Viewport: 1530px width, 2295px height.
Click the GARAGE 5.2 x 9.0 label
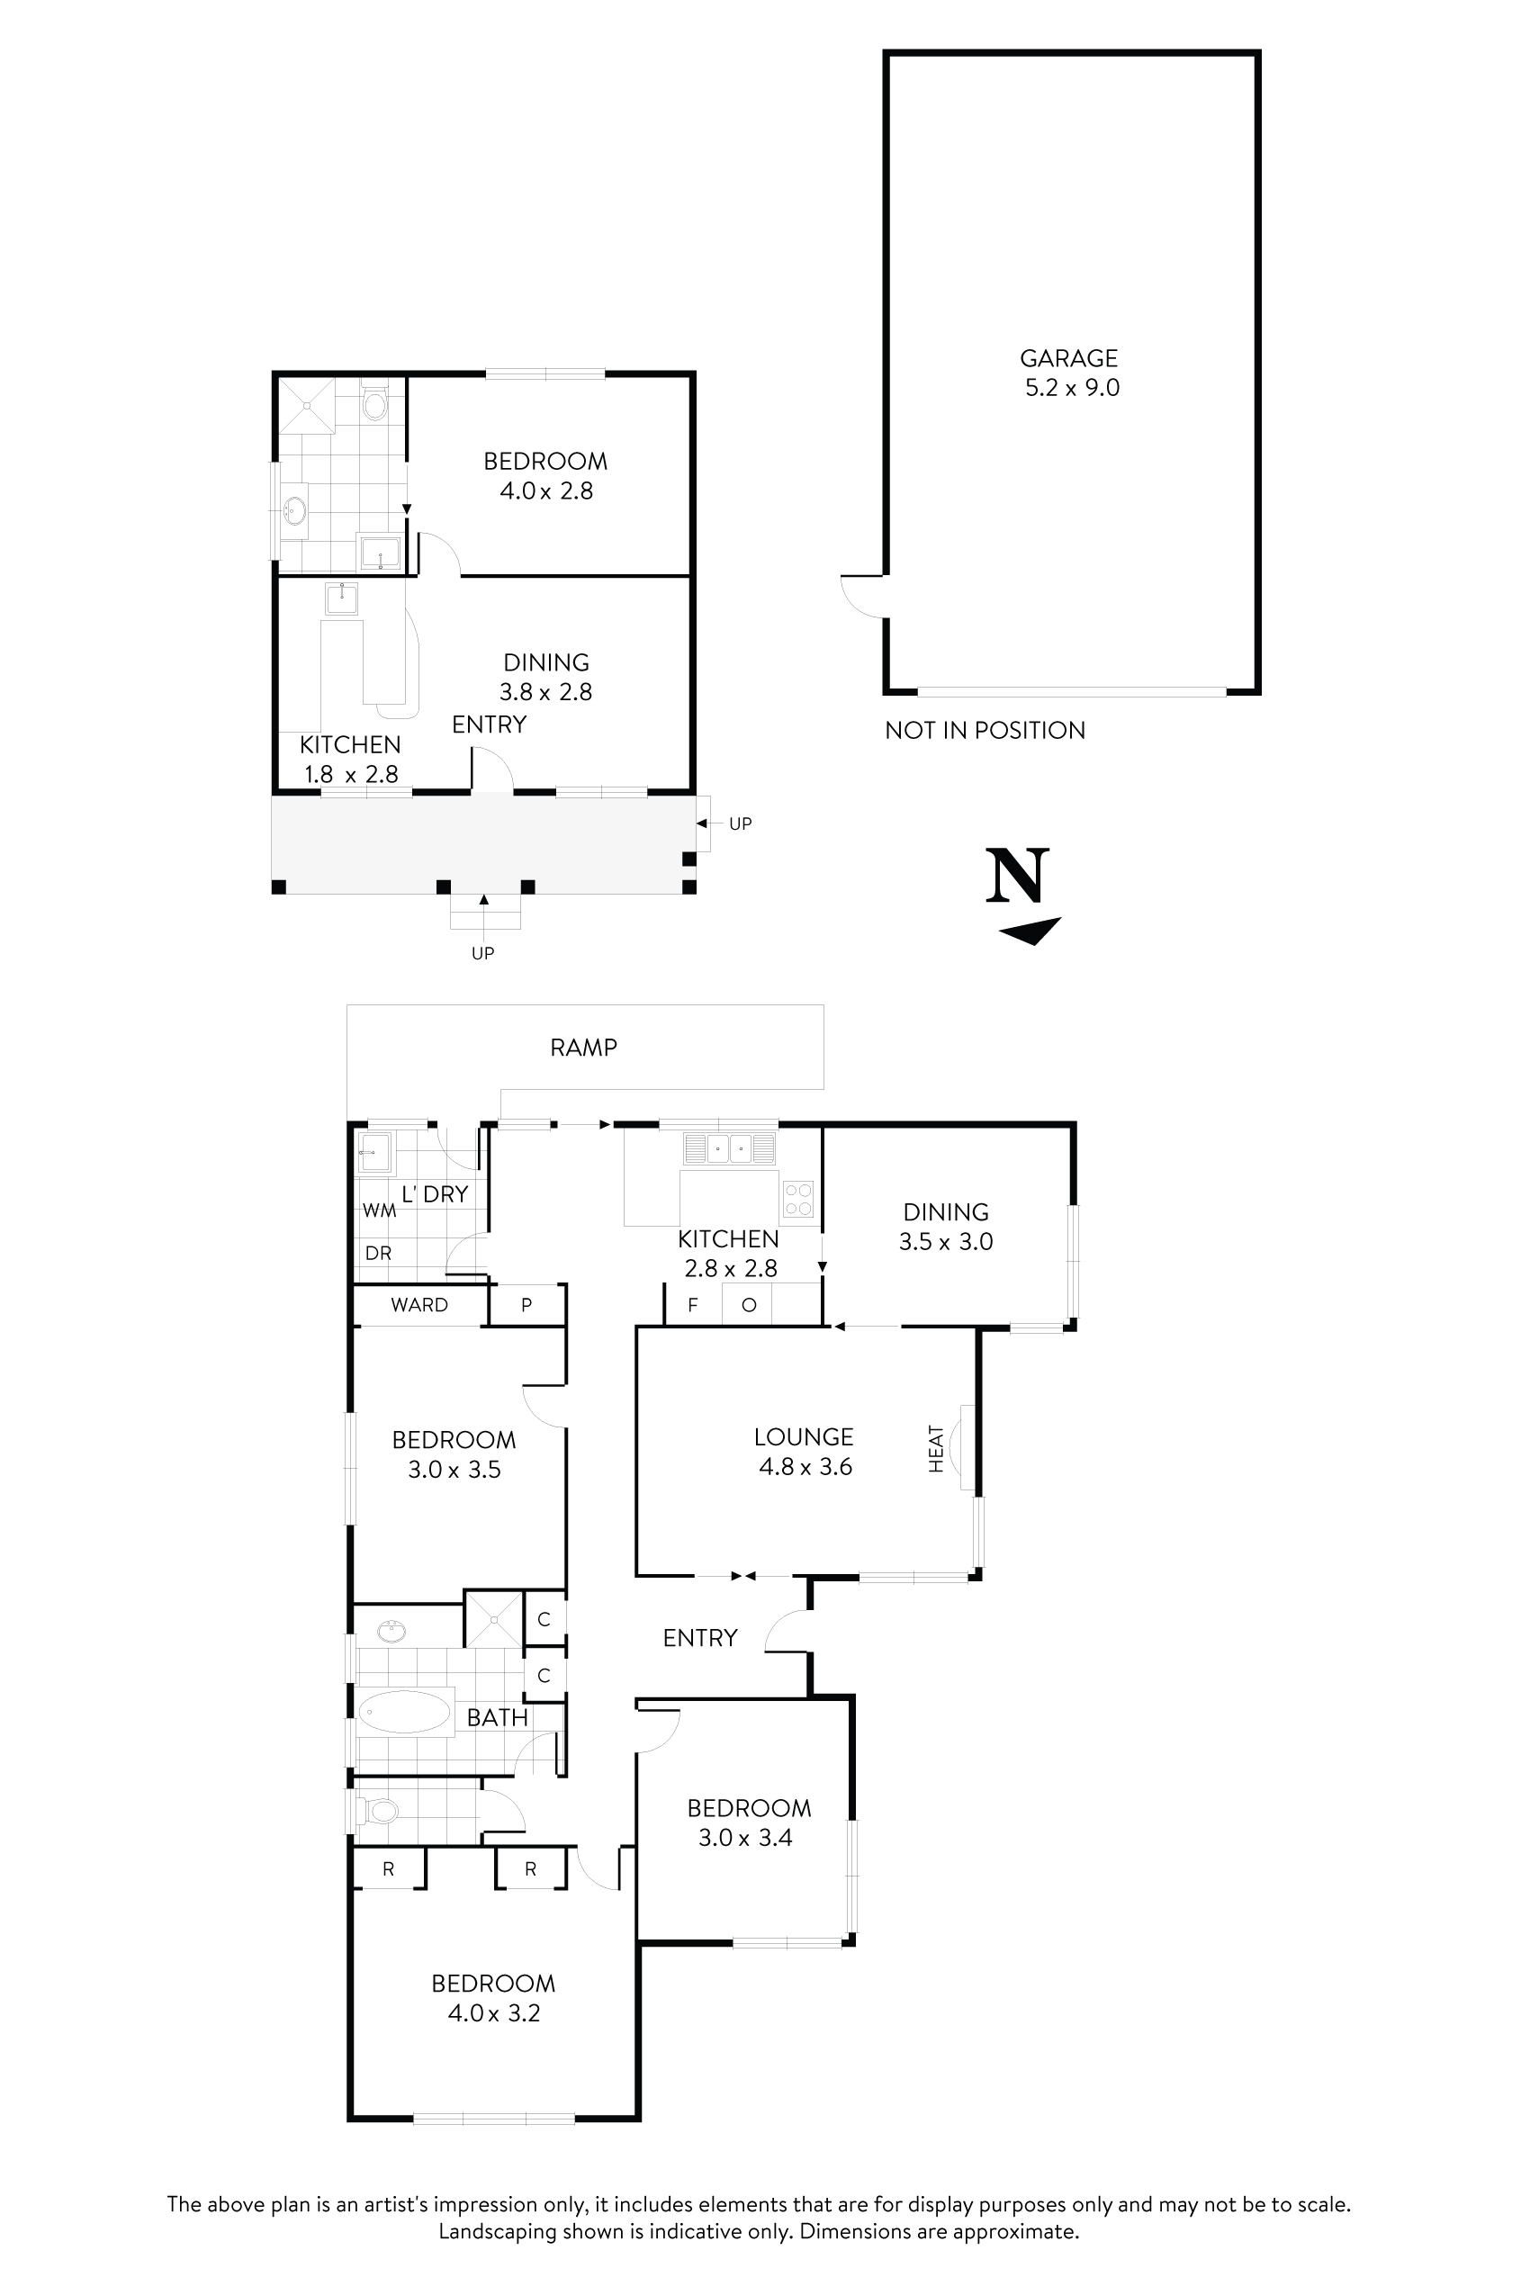(1070, 373)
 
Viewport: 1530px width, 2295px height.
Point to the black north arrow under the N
(1030, 931)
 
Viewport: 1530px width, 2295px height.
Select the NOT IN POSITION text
(985, 730)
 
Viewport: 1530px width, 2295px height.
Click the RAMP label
(583, 1047)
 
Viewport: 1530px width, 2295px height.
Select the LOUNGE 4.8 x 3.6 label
(804, 1451)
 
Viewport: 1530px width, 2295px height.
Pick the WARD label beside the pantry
(418, 1305)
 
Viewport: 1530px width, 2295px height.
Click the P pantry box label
(526, 1305)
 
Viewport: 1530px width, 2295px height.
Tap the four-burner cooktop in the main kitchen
(798, 1198)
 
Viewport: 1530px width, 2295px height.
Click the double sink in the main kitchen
(729, 1147)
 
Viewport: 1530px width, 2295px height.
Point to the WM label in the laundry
(380, 1210)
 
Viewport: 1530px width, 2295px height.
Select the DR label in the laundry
(378, 1253)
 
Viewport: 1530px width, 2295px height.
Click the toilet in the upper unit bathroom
(374, 401)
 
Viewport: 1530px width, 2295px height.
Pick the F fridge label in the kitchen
(693, 1305)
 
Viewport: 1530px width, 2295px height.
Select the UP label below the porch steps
(483, 953)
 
